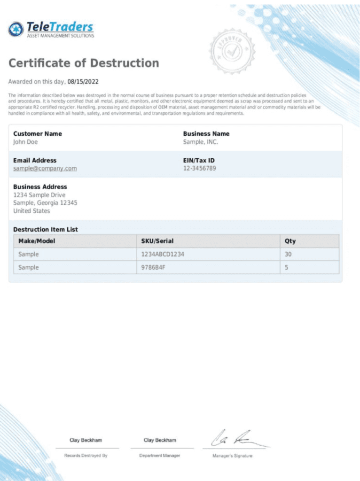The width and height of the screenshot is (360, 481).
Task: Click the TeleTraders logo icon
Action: coord(16,29)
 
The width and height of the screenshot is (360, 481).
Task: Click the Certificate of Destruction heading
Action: coord(84,63)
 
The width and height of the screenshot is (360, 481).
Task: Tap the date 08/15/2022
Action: coord(83,81)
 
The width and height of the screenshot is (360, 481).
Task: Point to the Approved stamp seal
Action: coord(232,51)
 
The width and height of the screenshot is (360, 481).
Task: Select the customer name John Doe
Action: coord(25,142)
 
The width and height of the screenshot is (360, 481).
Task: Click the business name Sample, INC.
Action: coord(201,142)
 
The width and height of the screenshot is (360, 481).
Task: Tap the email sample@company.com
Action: coord(45,168)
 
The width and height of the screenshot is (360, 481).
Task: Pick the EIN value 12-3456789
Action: coord(200,168)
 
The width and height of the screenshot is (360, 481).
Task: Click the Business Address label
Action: coord(40,186)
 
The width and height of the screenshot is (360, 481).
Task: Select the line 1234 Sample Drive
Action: coord(39,195)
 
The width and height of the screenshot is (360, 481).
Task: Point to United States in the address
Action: coord(31,211)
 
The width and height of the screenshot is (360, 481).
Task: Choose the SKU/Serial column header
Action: coord(157,241)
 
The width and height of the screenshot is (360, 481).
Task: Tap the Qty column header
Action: coord(290,241)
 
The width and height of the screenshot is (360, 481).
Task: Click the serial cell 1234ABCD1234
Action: coord(163,254)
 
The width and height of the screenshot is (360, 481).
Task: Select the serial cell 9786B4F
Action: coord(154,267)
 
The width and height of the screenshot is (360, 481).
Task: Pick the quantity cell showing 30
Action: coord(289,254)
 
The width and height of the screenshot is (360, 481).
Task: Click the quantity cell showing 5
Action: coord(287,267)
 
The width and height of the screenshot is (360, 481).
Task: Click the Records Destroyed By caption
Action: coord(86,456)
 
